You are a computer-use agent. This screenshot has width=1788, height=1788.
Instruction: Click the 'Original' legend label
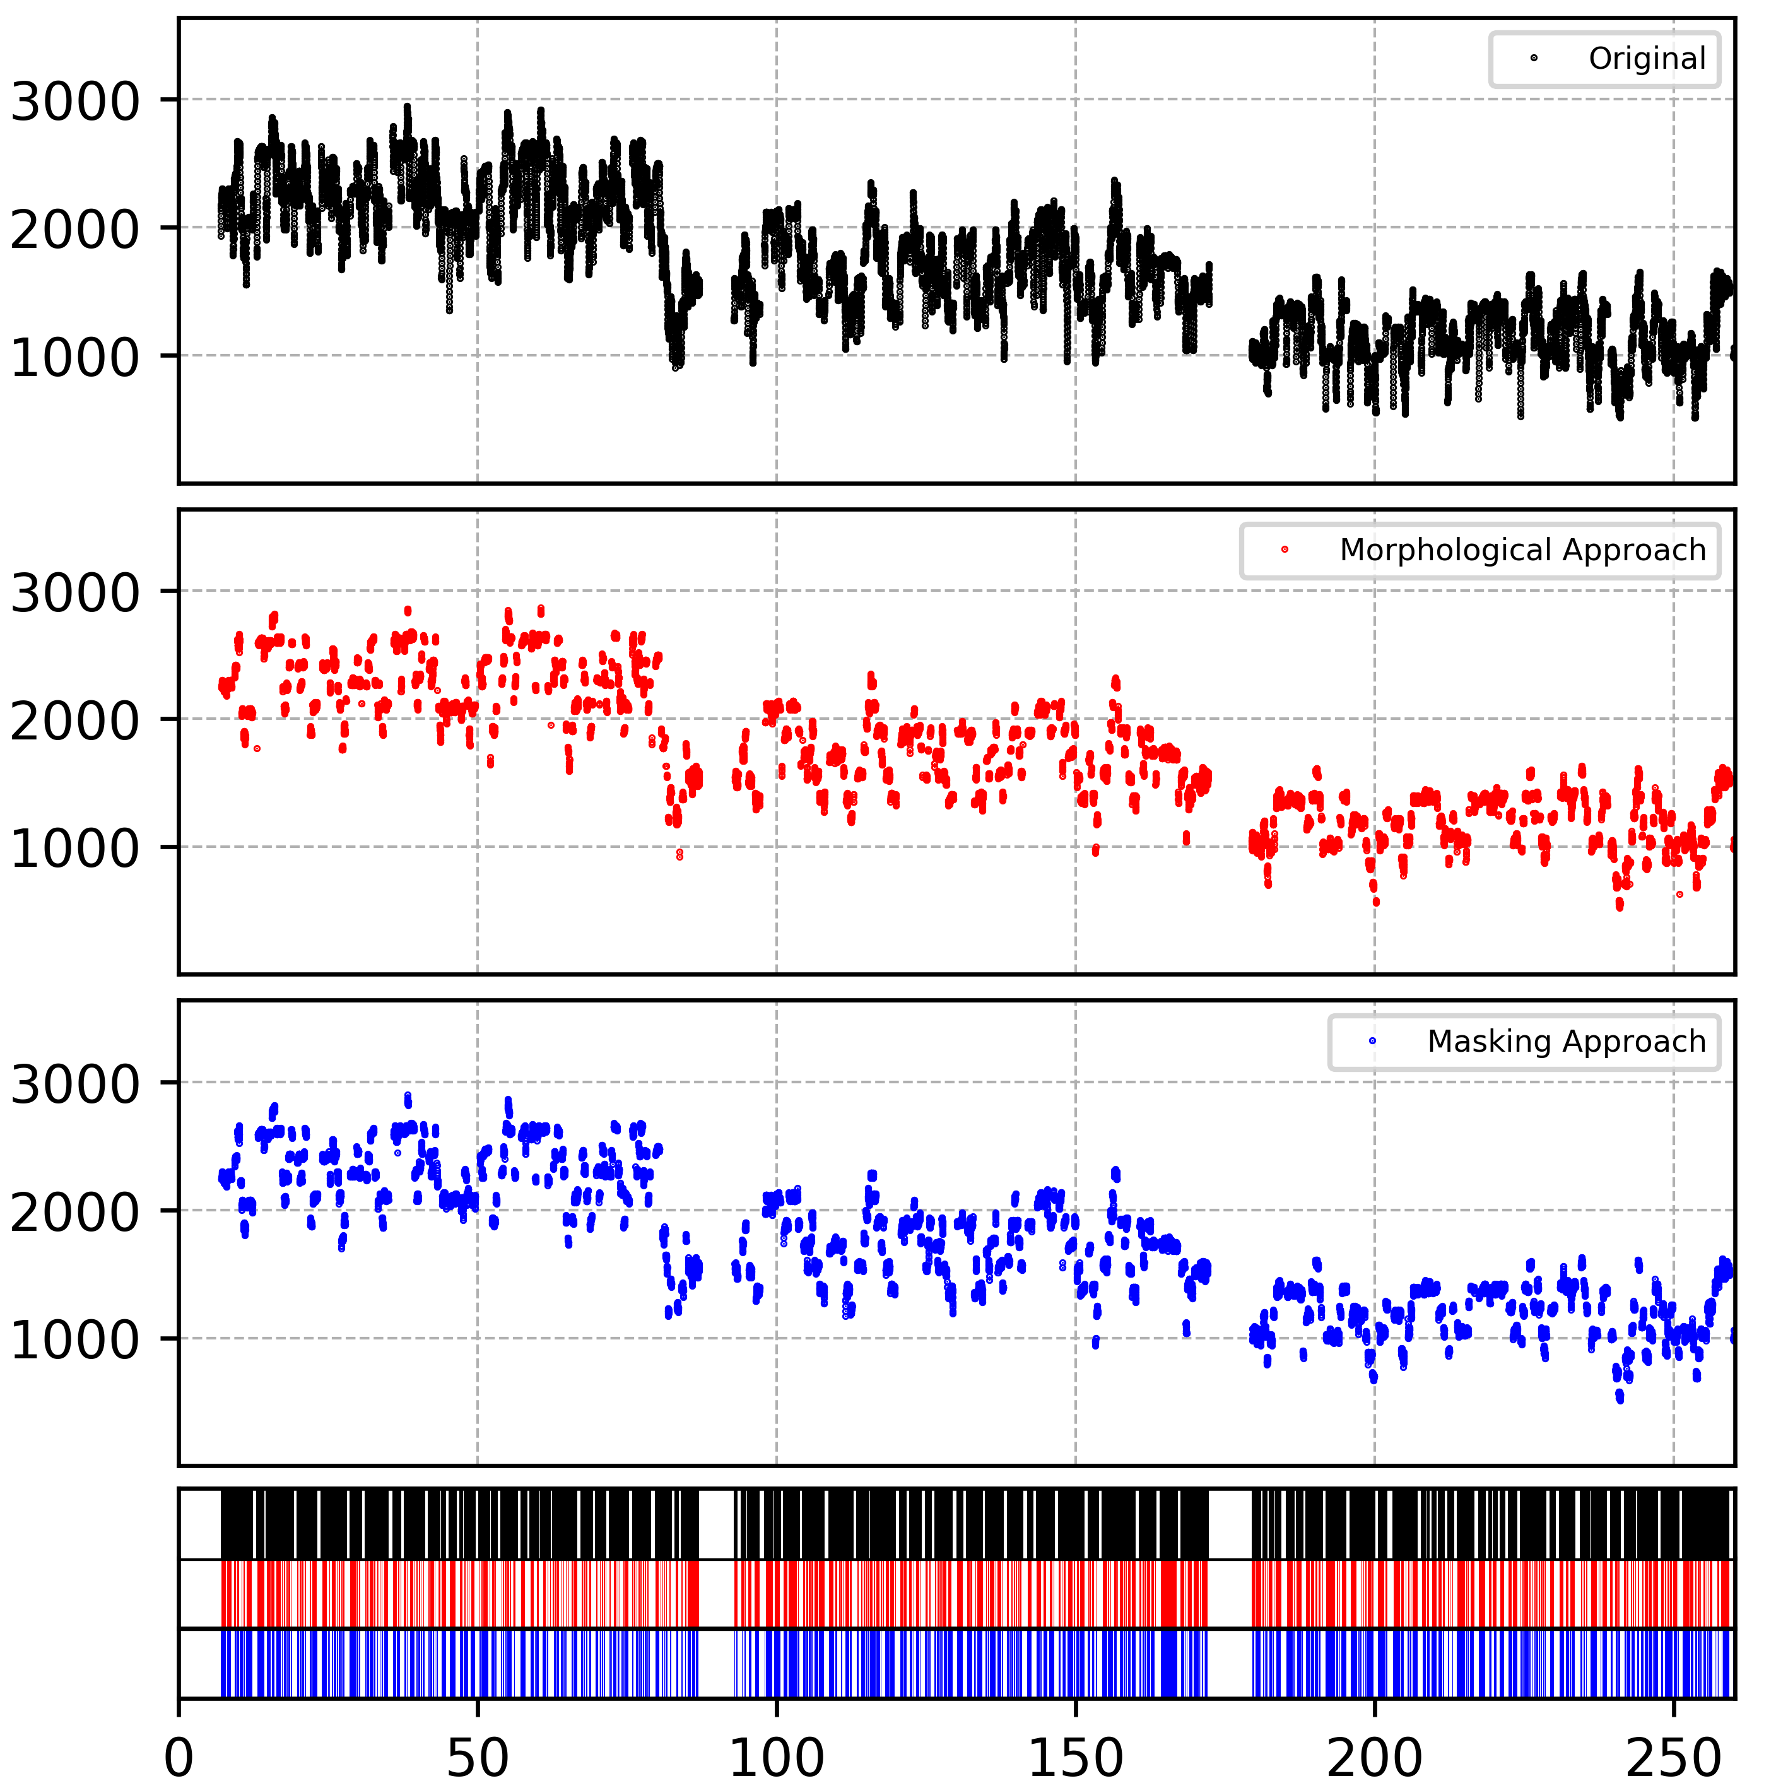click(x=1647, y=58)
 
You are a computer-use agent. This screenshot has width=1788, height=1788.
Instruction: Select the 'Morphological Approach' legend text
click(x=1522, y=550)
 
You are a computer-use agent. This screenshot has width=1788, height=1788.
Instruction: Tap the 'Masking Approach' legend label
click(x=1566, y=1041)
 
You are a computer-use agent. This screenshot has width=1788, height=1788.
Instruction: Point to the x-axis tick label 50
click(x=478, y=1756)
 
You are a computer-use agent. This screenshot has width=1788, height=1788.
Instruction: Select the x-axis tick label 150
click(x=1076, y=1756)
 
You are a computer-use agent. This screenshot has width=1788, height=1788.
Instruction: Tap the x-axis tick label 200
click(x=1374, y=1756)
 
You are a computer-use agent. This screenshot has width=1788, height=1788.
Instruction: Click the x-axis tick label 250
click(x=1673, y=1756)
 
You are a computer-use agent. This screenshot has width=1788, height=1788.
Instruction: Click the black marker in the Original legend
click(x=1534, y=58)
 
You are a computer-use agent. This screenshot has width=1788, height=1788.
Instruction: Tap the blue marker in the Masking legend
click(x=1372, y=1041)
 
